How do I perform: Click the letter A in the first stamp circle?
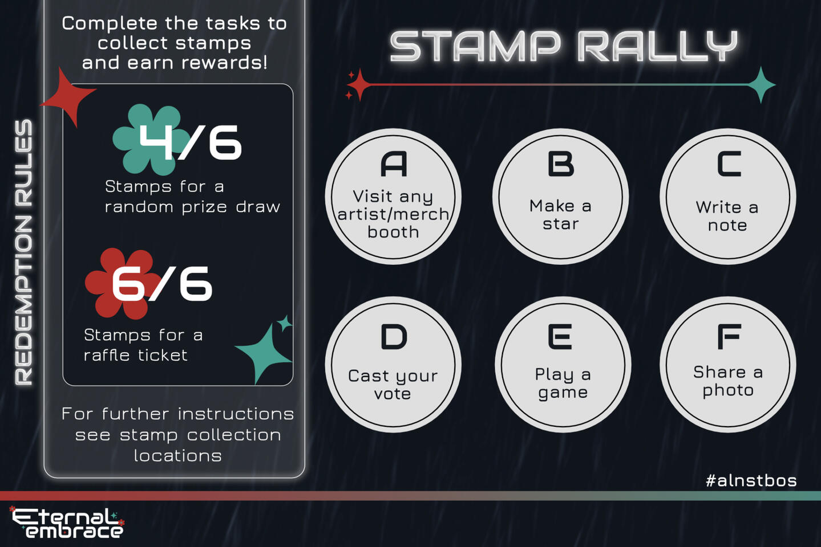pos(394,164)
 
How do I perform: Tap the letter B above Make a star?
pos(560,164)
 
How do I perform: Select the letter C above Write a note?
pos(729,164)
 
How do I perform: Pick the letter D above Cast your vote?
pos(394,337)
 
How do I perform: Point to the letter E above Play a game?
pos(560,337)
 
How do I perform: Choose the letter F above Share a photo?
pos(729,337)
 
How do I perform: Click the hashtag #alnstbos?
pos(751,480)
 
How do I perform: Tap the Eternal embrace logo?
pos(67,523)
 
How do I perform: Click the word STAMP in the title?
pos(475,46)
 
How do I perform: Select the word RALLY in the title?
pos(658,46)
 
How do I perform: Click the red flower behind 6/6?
pos(122,284)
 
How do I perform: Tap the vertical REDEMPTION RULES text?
pos(24,252)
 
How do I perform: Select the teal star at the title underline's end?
pos(761,84)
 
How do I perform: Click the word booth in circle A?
pos(393,232)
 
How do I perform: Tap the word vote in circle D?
pos(393,394)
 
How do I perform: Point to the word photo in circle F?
pos(728,391)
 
